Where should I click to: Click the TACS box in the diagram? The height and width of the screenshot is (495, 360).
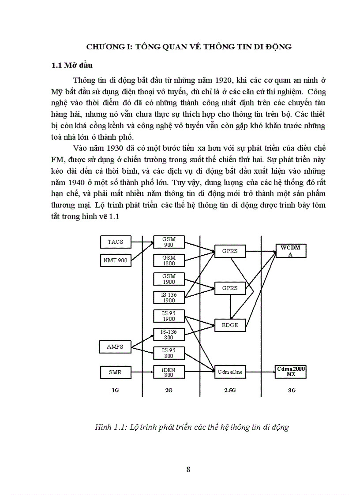coord(116,242)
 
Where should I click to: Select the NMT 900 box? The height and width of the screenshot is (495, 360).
coord(116,261)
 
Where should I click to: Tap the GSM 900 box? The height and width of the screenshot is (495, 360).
coord(169,242)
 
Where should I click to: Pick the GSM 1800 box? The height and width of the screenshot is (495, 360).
coord(169,261)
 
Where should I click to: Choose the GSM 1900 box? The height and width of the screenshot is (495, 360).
coord(169,279)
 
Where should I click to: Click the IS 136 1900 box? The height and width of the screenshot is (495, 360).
coord(169,298)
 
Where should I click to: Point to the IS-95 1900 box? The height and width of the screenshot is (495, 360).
coord(169,316)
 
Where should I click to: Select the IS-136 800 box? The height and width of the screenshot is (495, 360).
coord(169,335)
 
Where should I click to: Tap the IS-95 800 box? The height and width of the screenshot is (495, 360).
coord(169,353)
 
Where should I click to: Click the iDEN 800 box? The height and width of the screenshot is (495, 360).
coord(169,372)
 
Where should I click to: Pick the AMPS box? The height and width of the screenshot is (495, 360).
coord(115,346)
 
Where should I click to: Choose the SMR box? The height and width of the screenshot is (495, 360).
coord(115,372)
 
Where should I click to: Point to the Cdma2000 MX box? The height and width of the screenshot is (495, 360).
coord(290,372)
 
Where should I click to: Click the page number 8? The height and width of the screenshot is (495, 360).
coord(188,469)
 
